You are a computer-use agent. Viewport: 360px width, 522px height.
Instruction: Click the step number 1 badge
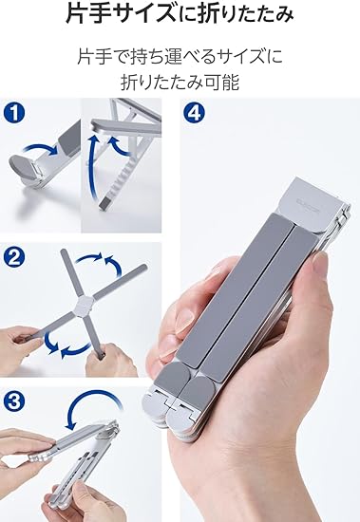[x=14, y=113]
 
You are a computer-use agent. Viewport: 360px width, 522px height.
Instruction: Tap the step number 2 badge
[x=14, y=257]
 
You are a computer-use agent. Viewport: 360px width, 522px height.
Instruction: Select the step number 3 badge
[x=14, y=401]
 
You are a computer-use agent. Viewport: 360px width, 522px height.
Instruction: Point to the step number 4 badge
[x=195, y=113]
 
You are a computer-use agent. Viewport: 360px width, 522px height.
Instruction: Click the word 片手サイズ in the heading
[x=121, y=14]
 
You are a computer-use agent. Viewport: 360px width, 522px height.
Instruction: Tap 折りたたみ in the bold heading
[x=246, y=14]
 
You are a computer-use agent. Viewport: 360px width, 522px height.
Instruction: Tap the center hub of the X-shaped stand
[x=84, y=304]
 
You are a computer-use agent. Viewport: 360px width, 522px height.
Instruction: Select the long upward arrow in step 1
[x=92, y=166]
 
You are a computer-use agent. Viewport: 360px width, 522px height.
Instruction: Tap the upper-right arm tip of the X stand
[x=143, y=267]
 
